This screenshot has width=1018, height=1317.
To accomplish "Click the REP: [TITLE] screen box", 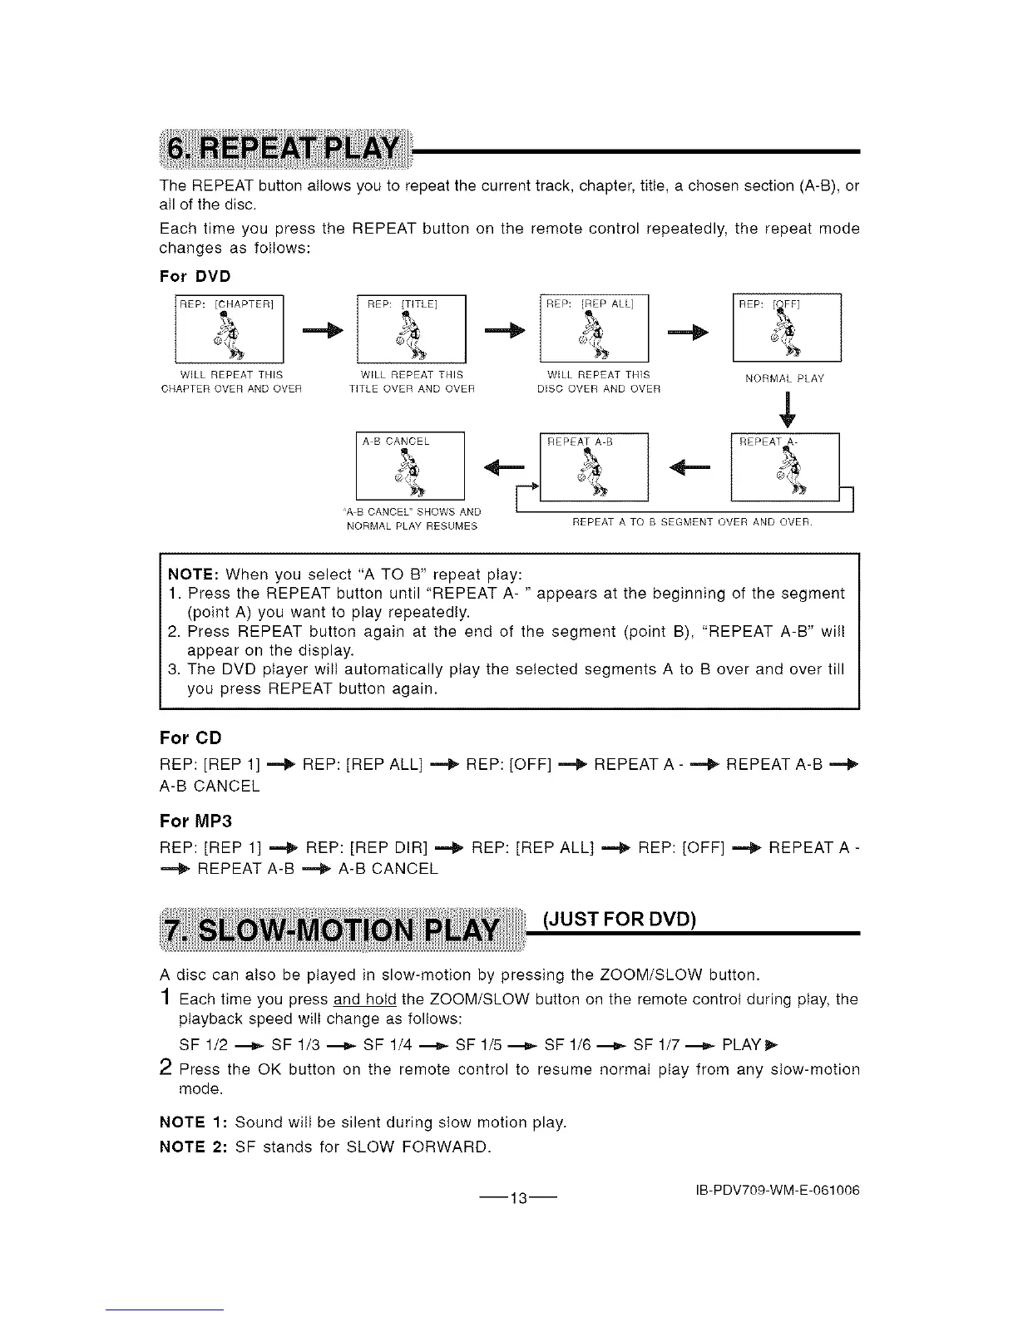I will [410, 328].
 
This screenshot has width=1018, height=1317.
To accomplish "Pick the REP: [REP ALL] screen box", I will [594, 328].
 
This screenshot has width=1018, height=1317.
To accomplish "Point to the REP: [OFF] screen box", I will [787, 328].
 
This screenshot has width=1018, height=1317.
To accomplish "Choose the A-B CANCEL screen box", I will [409, 466].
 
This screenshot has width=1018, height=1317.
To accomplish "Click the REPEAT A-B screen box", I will [594, 467].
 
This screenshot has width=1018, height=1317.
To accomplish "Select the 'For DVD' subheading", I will [195, 276].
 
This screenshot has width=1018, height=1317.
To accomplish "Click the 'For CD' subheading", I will [190, 738].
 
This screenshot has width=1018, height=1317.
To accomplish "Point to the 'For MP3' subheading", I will [195, 821].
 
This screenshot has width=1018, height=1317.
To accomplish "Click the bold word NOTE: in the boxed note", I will [193, 575].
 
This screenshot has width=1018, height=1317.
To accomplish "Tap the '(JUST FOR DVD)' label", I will [619, 919].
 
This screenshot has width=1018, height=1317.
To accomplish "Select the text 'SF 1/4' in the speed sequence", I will [385, 1043].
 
